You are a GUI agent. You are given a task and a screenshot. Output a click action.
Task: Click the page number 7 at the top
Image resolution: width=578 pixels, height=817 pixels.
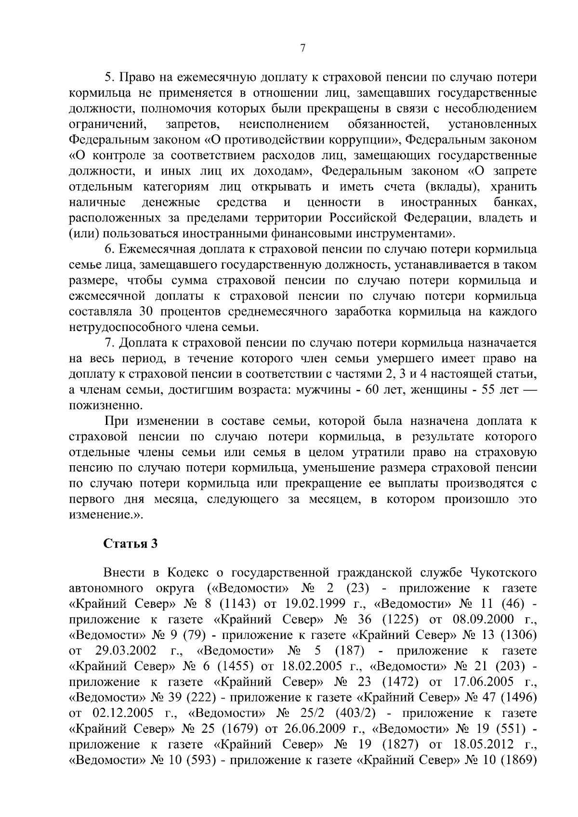click(302, 48)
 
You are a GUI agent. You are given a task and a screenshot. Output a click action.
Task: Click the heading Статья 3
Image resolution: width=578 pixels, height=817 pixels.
click(130, 544)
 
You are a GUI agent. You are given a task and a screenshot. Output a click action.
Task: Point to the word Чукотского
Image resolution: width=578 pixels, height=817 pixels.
click(503, 573)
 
